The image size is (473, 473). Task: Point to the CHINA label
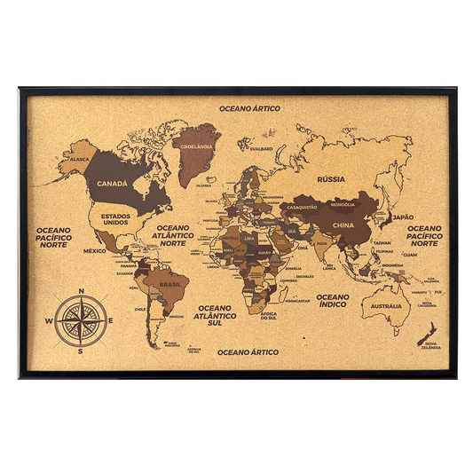click(x=343, y=225)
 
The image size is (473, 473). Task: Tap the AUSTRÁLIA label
click(x=386, y=306)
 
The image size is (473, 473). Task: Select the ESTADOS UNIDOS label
click(x=117, y=217)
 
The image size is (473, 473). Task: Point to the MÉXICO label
click(x=95, y=251)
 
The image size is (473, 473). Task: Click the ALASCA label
click(x=81, y=159)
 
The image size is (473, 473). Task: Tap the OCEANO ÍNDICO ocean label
click(x=334, y=301)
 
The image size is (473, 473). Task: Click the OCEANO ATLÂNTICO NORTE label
click(x=174, y=233)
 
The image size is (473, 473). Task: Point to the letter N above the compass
click(x=81, y=292)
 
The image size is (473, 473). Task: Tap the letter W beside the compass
click(x=49, y=320)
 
